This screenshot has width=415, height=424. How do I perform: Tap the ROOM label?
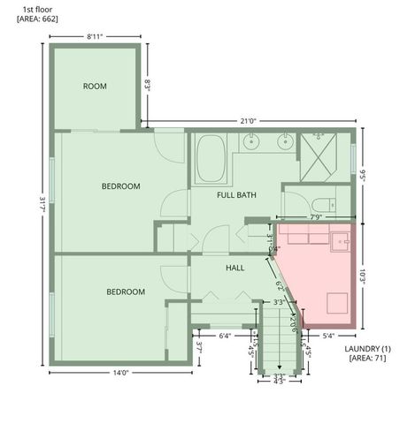(x=95, y=86)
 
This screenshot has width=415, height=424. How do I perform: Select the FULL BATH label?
(x=235, y=194)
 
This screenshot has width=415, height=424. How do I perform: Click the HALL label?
(x=234, y=268)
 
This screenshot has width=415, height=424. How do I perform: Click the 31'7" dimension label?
(x=42, y=205)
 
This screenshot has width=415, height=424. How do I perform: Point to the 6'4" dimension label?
(x=225, y=336)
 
